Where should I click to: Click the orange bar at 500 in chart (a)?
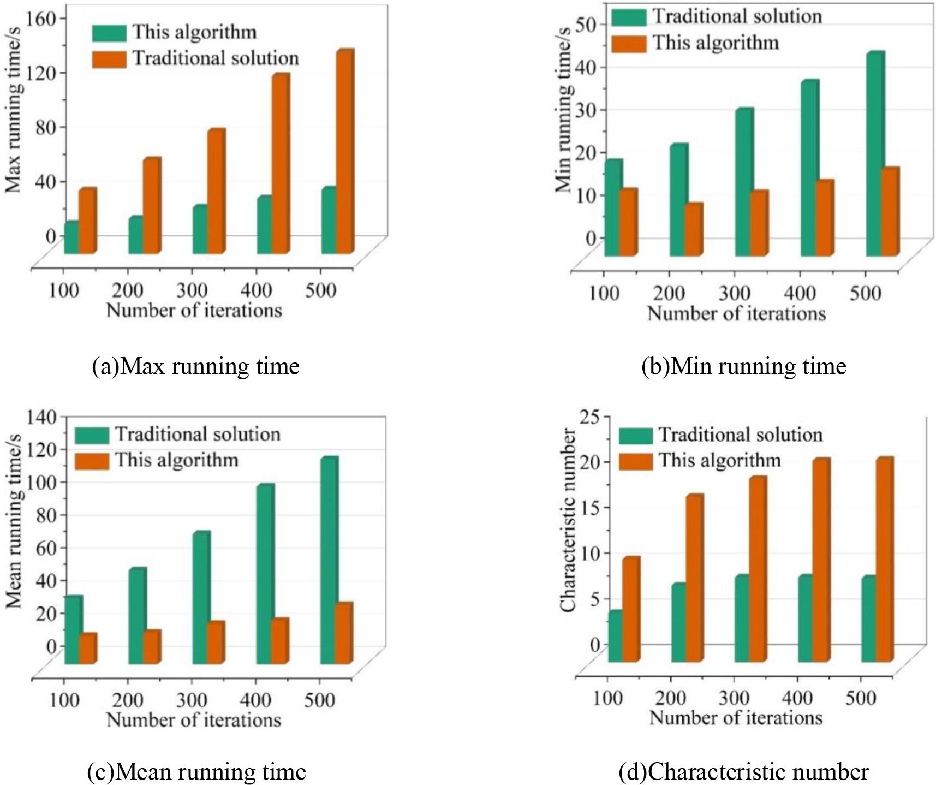[x=344, y=153]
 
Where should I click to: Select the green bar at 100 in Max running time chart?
[x=71, y=239]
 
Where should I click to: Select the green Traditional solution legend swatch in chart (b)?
[x=628, y=17]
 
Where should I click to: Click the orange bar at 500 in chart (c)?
[x=343, y=634]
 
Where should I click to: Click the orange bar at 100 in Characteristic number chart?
[x=630, y=610]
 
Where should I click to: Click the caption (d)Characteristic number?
[x=743, y=771]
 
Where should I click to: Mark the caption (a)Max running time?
[x=195, y=366]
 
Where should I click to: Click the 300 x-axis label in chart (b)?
[x=734, y=294]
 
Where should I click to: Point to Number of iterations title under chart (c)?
[x=194, y=719]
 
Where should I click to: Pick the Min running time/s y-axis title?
[x=563, y=109]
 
